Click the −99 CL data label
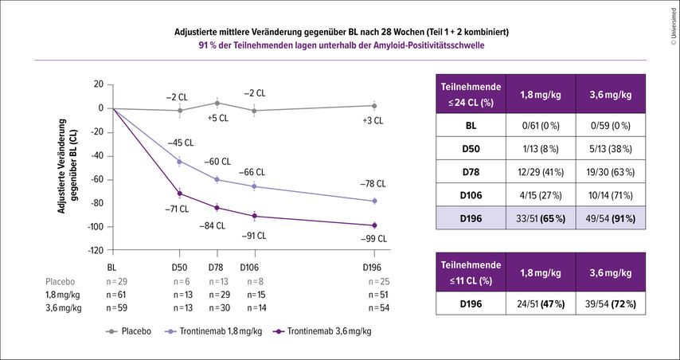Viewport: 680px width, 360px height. (x=370, y=238)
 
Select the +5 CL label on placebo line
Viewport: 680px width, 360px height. (x=217, y=118)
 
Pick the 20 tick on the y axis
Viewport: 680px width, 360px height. (x=98, y=84)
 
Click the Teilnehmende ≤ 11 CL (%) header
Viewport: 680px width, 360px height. (x=471, y=272)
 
